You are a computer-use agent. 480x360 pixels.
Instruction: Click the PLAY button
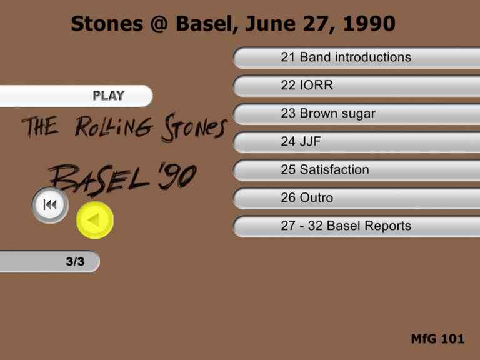76,96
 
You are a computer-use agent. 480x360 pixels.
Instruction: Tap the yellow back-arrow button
95,220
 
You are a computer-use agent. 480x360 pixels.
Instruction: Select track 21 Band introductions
357,57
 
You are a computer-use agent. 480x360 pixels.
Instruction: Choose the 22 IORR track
357,86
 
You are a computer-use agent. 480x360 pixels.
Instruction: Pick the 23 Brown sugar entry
357,114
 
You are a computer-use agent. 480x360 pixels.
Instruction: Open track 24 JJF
357,142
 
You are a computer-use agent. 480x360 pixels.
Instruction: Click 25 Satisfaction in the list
357,170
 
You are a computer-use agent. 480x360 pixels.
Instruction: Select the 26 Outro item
357,198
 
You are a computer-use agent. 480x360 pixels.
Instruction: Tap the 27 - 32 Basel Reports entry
357,226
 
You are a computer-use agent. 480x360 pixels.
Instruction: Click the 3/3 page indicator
49,262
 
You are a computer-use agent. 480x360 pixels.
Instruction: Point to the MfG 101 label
437,339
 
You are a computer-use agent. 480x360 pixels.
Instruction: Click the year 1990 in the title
369,24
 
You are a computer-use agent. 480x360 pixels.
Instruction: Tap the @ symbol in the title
159,24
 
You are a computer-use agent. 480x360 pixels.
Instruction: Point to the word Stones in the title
107,24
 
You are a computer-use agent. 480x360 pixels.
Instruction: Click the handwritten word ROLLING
114,126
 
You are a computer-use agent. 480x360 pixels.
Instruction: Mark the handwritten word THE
40,126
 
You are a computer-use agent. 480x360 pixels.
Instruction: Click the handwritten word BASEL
99,180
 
